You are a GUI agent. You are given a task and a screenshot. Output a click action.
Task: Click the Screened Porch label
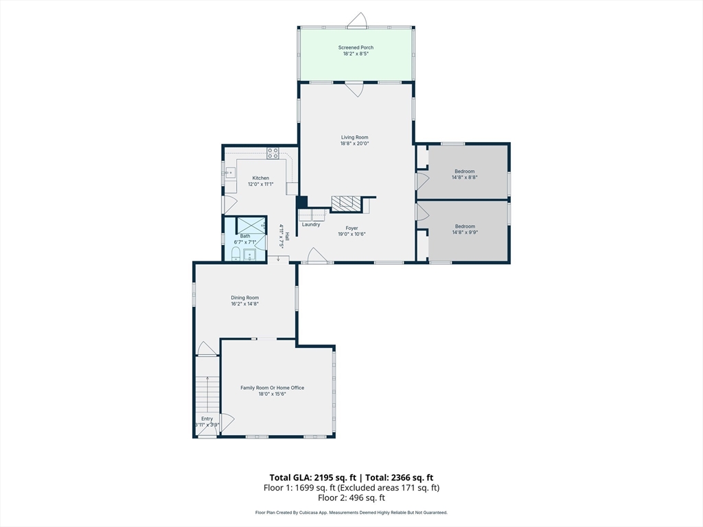click(x=356, y=47)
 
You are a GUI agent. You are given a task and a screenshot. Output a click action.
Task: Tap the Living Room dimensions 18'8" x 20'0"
click(x=355, y=144)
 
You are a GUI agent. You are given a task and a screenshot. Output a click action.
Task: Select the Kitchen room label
click(x=260, y=178)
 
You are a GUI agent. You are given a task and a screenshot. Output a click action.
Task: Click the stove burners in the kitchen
click(x=273, y=153)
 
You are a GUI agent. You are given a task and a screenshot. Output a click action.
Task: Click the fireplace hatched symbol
click(x=346, y=203)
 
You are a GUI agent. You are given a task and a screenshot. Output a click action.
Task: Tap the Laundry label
click(x=311, y=224)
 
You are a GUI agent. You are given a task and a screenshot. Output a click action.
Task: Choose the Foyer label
click(x=352, y=228)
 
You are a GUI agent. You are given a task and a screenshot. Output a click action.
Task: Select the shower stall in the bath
click(x=251, y=225)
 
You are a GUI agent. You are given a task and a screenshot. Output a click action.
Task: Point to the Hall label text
click(x=287, y=235)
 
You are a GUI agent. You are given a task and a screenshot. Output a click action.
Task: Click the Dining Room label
click(x=245, y=298)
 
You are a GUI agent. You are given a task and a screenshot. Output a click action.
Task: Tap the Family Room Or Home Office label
click(x=272, y=388)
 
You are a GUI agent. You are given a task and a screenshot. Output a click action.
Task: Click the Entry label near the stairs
click(x=207, y=419)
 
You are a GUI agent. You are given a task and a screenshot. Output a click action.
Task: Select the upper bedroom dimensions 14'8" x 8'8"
click(x=465, y=178)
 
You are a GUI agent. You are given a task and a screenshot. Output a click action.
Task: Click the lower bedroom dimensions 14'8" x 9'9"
click(x=465, y=232)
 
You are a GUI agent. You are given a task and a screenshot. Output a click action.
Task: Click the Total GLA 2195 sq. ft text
click(x=313, y=478)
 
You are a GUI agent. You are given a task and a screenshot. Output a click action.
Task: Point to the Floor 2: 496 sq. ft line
click(x=351, y=497)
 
